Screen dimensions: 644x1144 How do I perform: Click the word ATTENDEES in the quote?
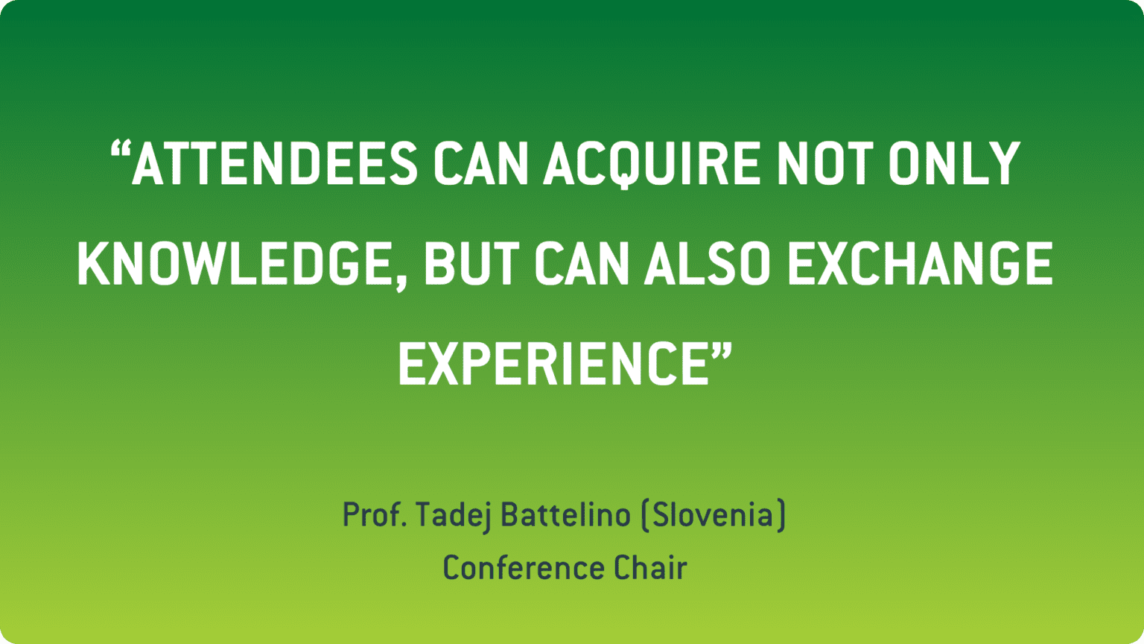pyautogui.click(x=274, y=164)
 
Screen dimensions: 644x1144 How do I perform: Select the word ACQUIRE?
pyautogui.click(x=652, y=164)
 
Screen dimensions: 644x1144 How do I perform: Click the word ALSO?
pyautogui.click(x=708, y=264)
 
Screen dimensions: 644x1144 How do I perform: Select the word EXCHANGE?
pyautogui.click(x=920, y=264)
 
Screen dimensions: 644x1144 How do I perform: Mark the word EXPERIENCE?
pyautogui.click(x=553, y=364)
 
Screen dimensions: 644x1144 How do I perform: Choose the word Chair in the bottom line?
pyautogui.click(x=649, y=568)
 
